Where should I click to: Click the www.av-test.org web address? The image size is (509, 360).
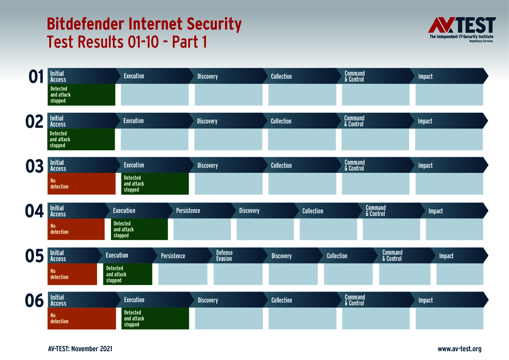459,349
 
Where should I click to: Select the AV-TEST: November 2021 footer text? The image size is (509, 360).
80,349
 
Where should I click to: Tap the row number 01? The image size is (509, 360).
36,77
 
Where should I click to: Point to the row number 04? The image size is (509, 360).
34,211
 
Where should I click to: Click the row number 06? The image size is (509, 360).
35,301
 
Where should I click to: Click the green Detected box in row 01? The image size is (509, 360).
81,95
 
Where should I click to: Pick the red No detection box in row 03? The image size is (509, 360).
81,184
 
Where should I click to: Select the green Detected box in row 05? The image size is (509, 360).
127,274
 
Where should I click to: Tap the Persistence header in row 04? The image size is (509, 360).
188,211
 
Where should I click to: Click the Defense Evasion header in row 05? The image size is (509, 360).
225,256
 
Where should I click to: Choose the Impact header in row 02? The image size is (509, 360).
425,121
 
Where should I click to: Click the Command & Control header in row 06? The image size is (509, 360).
355,300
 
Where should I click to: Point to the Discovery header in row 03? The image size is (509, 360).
208,166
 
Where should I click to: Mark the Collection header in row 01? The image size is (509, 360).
281,76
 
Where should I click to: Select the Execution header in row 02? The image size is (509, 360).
133,121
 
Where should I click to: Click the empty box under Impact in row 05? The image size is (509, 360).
459,274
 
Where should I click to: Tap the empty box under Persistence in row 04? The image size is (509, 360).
202,229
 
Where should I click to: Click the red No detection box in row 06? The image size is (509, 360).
81,319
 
